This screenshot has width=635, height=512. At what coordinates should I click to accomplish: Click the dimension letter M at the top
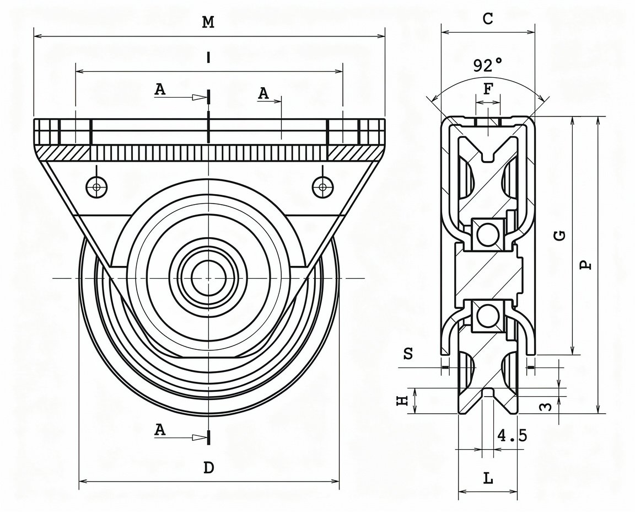(x=208, y=22)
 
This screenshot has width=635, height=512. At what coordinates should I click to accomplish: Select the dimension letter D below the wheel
(x=208, y=468)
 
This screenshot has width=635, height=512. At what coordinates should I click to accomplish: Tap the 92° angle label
(x=488, y=65)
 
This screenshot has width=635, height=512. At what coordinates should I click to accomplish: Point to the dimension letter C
(x=488, y=18)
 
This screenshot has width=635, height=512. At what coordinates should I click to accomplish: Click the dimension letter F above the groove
(x=488, y=89)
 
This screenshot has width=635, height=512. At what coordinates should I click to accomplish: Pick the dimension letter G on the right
(x=560, y=235)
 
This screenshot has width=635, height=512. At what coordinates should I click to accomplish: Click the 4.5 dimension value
(x=512, y=435)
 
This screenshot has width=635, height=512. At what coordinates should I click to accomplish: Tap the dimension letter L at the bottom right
(x=488, y=479)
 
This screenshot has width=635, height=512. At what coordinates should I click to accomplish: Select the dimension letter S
(x=408, y=354)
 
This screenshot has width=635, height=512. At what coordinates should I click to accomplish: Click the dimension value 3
(x=547, y=407)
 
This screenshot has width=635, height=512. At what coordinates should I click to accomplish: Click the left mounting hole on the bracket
(x=97, y=187)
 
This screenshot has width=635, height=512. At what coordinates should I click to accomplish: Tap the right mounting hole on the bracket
(x=323, y=187)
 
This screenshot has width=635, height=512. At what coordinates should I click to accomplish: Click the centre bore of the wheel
(x=208, y=278)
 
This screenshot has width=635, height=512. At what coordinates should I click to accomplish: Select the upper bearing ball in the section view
(x=488, y=234)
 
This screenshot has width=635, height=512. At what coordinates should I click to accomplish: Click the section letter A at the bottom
(x=160, y=429)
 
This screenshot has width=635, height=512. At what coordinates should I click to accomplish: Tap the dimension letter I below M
(x=208, y=58)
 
